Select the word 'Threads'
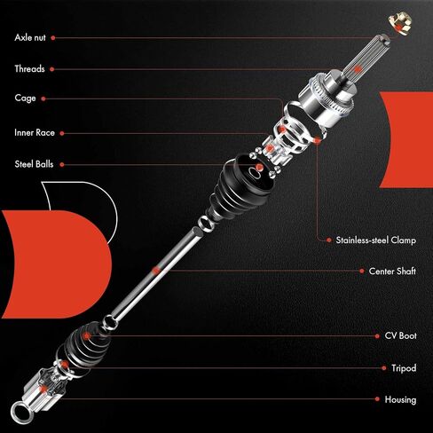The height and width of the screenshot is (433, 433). (x=29, y=68)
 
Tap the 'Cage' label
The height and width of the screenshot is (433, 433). (x=25, y=98)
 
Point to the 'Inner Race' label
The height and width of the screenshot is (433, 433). (x=35, y=133)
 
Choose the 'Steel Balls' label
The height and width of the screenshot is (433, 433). (x=36, y=163)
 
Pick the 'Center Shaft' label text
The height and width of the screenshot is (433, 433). (x=392, y=270)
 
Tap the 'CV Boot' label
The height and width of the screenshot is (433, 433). (x=399, y=336)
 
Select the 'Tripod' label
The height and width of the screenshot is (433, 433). (x=403, y=367)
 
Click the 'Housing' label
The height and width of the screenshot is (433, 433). (x=400, y=399)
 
